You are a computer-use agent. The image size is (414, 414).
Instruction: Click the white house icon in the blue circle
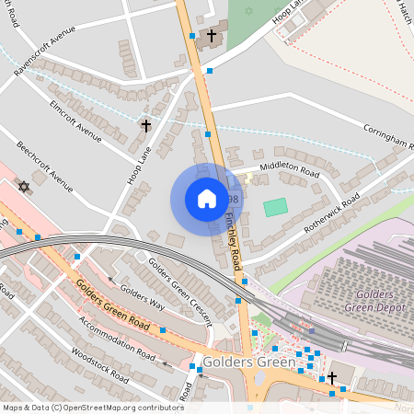pyautogui.click(x=207, y=199)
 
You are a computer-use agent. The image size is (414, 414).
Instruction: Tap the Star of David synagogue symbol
pyautogui.click(x=24, y=187)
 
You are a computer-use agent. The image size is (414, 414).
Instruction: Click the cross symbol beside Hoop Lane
pyautogui.click(x=145, y=125)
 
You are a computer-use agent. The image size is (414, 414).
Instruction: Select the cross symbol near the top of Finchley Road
pyautogui.click(x=212, y=36)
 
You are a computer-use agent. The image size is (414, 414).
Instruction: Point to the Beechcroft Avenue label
pyautogui.click(x=44, y=167)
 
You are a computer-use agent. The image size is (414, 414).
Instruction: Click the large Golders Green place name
pyautogui.click(x=248, y=362)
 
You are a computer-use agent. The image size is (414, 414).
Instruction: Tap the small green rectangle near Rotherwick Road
pyautogui.click(x=275, y=208)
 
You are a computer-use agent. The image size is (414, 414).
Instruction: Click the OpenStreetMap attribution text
pyautogui.click(x=92, y=407)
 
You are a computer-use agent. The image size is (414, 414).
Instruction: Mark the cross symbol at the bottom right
pyautogui.click(x=332, y=377)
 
